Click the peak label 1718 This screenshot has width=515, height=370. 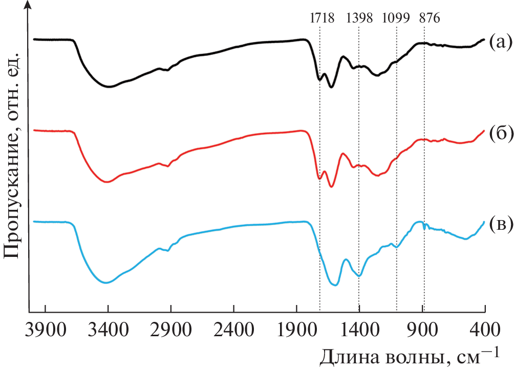pyautogui.click(x=322, y=18)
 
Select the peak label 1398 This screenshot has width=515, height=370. pyautogui.click(x=360, y=18)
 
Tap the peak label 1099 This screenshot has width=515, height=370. pyautogui.click(x=396, y=18)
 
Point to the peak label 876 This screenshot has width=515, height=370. pyautogui.click(x=428, y=18)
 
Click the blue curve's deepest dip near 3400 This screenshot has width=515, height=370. pyautogui.click(x=106, y=282)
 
